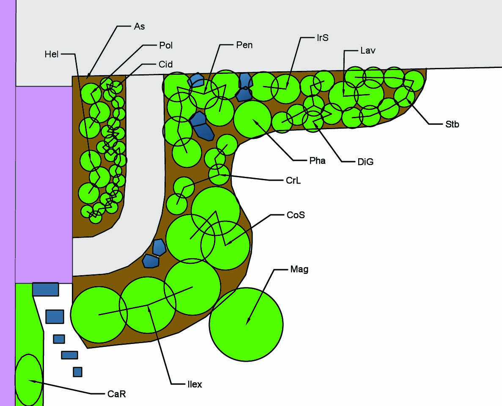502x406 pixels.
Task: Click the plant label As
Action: (139, 26)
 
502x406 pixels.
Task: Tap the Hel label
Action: (52, 54)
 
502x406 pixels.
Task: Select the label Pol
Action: (166, 45)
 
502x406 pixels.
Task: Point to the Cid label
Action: (165, 65)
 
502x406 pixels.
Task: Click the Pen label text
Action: (244, 45)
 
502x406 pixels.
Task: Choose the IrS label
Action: (322, 38)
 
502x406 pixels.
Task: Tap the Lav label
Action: (368, 51)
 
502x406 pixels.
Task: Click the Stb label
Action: (452, 124)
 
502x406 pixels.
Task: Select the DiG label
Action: (365, 162)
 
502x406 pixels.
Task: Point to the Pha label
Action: (317, 160)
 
